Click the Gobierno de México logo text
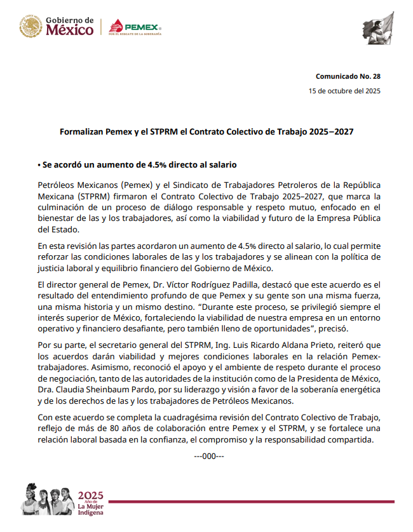(69, 27)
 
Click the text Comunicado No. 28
(348, 76)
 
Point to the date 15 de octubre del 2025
(344, 91)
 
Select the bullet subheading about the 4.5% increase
(137, 165)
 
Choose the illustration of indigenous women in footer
(48, 501)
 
